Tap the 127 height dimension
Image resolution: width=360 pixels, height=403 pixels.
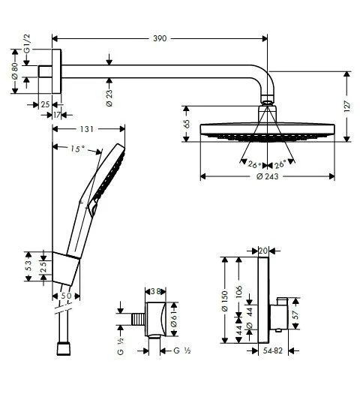[346, 106]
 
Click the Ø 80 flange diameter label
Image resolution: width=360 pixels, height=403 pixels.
[14, 72]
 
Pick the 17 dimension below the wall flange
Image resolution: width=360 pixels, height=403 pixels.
[58, 114]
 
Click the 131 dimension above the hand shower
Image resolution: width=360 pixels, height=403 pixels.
[88, 128]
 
